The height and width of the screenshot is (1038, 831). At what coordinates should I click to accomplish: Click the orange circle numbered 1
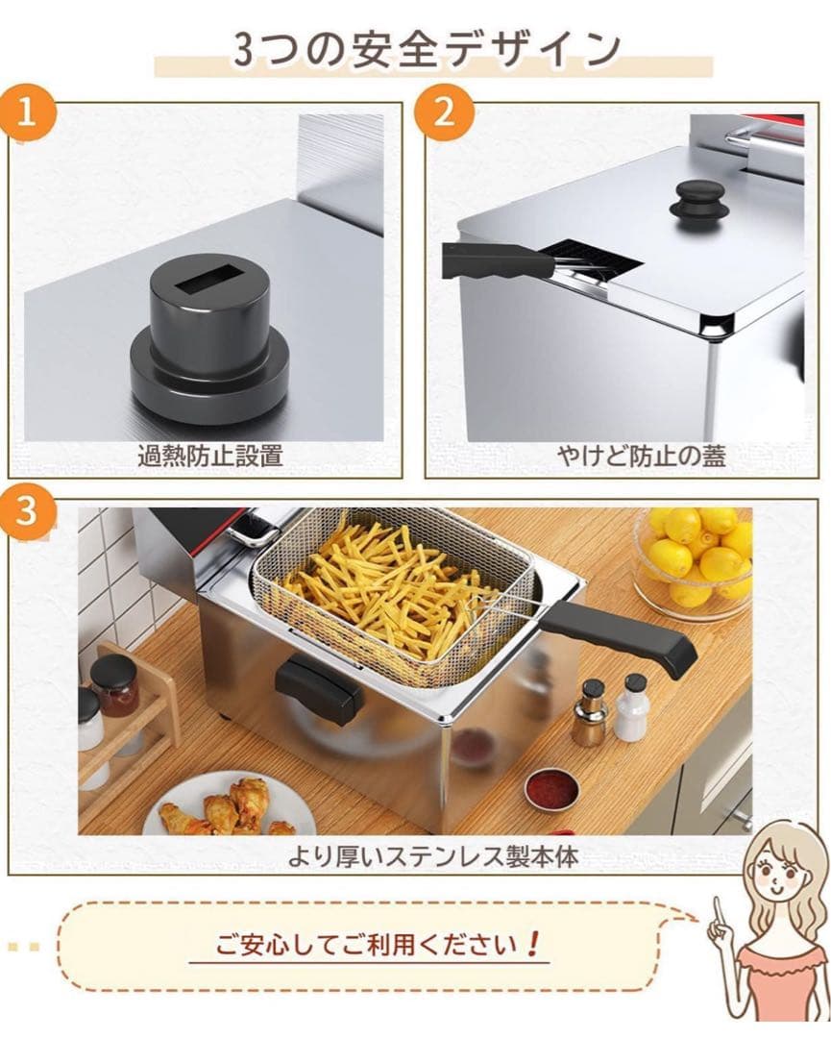click(x=27, y=112)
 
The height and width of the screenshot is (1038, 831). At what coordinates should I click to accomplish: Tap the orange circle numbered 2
click(x=444, y=111)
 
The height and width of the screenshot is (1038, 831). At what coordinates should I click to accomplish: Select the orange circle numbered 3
click(x=27, y=510)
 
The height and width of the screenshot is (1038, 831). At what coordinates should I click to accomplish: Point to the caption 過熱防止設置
click(x=209, y=457)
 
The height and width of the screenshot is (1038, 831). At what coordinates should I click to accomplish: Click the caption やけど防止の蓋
click(x=641, y=457)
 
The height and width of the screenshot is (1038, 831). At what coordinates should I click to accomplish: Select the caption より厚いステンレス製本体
click(x=432, y=856)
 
